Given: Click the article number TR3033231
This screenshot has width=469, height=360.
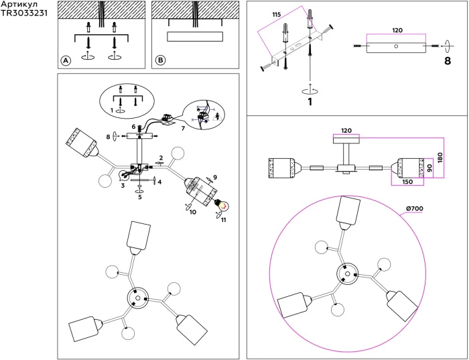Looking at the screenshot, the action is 24,13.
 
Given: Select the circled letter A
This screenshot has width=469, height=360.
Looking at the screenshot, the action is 66,61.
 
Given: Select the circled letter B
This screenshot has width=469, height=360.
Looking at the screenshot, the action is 161,60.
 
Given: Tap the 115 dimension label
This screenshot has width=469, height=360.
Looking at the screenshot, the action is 277,15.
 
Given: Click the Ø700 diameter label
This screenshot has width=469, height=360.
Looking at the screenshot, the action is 415,208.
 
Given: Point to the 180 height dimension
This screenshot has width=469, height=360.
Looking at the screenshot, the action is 440,158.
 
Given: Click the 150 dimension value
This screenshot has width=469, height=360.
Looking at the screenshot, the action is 407,182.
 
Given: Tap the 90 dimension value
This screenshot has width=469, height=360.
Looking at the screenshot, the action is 430,168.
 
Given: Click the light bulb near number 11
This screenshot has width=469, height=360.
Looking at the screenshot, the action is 222,204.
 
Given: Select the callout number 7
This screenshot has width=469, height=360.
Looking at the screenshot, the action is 183,128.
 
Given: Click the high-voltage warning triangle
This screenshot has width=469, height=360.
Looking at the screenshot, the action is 216,116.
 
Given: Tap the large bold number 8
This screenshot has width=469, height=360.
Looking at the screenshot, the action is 448,61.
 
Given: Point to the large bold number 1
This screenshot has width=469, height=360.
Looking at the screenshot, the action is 310,102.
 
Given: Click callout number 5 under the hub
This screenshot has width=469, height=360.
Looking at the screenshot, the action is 139,197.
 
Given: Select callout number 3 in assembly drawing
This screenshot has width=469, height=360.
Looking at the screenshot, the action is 123,186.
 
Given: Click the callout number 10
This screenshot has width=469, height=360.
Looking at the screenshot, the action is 193,212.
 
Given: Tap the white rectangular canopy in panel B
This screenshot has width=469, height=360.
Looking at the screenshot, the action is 195,36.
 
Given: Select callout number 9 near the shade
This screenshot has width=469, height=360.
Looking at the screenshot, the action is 215,177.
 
